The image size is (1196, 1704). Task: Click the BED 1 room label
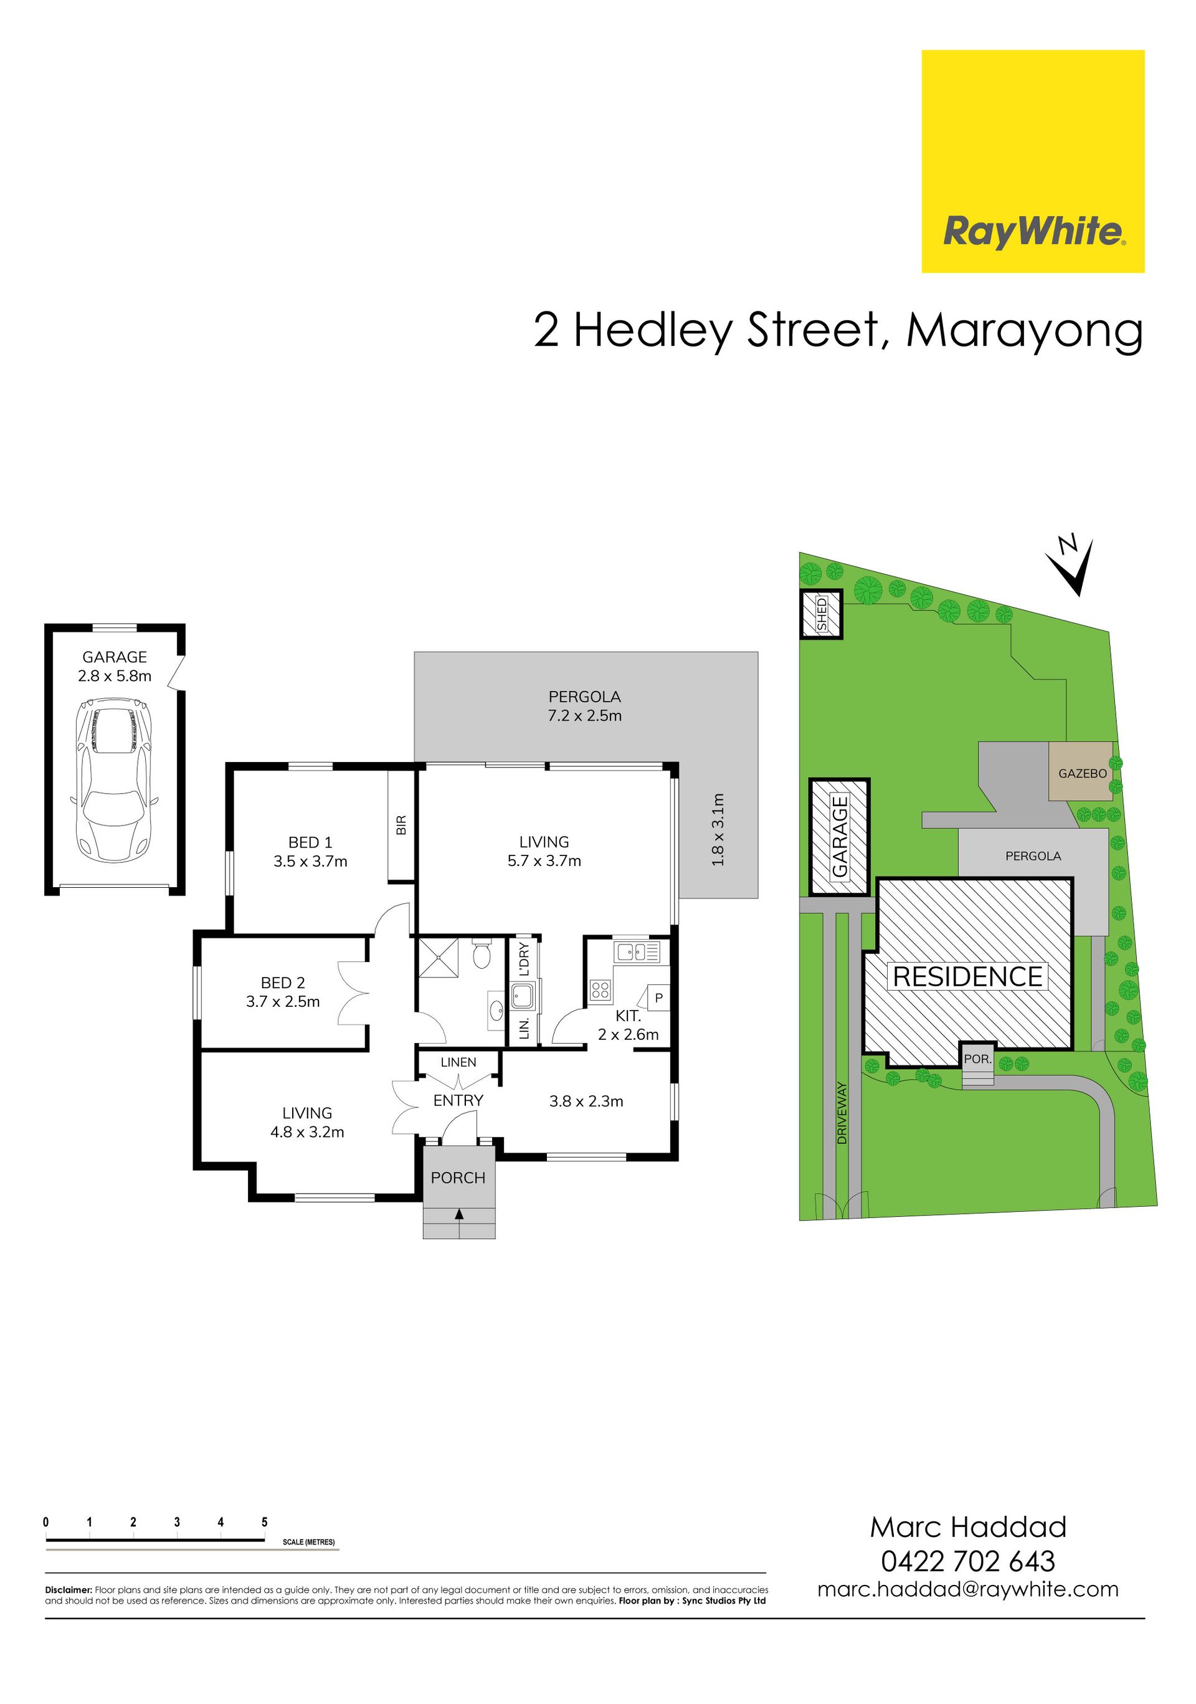tap(310, 842)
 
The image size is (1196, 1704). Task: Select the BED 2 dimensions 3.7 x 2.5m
tap(283, 1002)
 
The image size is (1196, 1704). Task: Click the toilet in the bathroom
tap(482, 954)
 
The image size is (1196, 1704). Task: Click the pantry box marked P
tap(658, 998)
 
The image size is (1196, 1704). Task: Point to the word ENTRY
tap(458, 1101)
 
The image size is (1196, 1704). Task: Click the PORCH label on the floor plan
tap(458, 1178)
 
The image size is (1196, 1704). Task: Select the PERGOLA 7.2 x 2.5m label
tap(585, 706)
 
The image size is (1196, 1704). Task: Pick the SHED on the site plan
tap(822, 614)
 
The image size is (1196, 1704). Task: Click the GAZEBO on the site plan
tap(1081, 772)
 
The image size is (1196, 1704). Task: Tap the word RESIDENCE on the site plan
tap(967, 977)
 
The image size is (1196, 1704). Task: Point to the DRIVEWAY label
tap(842, 1113)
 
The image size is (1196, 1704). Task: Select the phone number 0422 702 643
tap(967, 1561)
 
